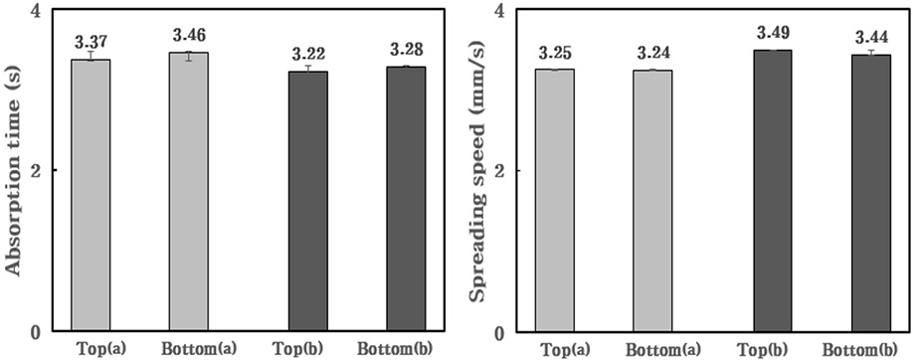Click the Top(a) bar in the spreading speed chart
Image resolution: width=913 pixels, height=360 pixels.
[555, 201]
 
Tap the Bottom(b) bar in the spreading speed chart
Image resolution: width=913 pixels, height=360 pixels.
[870, 193]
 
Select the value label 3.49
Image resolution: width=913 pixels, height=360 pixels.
[772, 32]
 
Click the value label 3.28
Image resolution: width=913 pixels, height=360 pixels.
[406, 49]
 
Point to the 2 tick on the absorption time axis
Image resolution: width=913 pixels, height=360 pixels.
[47, 171]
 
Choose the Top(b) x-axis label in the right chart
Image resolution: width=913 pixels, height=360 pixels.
[772, 349]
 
